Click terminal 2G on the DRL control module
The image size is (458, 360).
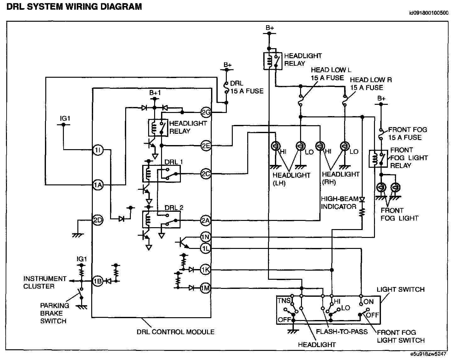[x=206, y=112]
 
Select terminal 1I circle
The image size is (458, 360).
[x=98, y=150]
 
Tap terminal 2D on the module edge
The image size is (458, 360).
[x=98, y=220]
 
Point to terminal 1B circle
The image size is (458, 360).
[x=98, y=281]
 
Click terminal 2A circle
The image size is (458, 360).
[x=205, y=221]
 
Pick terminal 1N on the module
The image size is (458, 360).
[x=205, y=237]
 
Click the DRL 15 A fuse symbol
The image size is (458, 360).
[x=226, y=88]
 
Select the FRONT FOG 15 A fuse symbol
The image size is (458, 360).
[x=381, y=134]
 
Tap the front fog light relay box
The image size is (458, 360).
[x=378, y=159]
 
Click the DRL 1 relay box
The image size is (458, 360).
[x=161, y=174]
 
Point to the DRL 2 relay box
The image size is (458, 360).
[x=161, y=219]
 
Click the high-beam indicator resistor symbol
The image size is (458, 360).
[x=362, y=212]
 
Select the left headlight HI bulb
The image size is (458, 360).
[x=276, y=146]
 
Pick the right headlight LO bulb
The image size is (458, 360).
[x=345, y=146]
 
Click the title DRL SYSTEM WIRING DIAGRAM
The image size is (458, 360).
[x=74, y=7]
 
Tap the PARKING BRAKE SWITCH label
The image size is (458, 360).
[x=55, y=313]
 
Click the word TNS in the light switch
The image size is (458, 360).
[x=284, y=301]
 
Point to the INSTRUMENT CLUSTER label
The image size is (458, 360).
[x=45, y=283]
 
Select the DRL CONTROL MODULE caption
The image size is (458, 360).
[x=176, y=332]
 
